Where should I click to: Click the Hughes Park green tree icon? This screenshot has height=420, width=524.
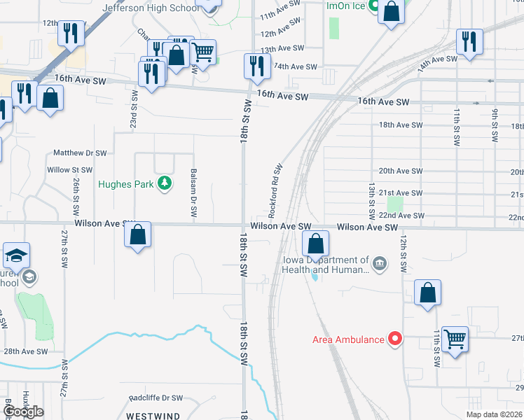(x=165, y=183)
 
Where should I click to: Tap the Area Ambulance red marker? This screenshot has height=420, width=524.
(x=395, y=339)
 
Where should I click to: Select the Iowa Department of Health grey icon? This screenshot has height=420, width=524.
(x=379, y=263)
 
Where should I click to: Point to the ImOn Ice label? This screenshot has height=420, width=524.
(x=346, y=5)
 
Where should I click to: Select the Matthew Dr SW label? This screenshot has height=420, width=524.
(x=81, y=152)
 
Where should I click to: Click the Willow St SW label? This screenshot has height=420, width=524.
(x=69, y=169)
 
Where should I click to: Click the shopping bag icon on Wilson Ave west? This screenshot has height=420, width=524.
(x=138, y=235)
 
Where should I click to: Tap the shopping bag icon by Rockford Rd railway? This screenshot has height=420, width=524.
(x=316, y=244)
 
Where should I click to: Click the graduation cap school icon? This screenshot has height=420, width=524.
(x=16, y=256)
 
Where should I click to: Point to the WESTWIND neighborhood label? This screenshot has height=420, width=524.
(x=153, y=416)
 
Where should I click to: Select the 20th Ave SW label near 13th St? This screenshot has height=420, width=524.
(x=400, y=171)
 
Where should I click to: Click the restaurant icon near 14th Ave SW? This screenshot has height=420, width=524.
(x=469, y=42)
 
